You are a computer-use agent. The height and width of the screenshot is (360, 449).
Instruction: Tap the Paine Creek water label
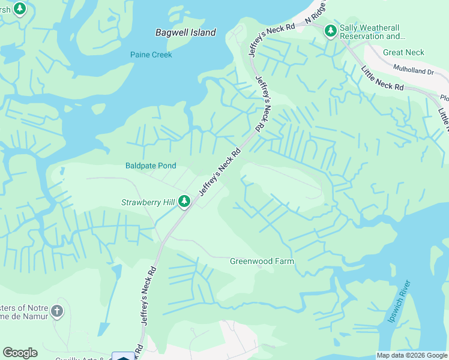pos(151,55)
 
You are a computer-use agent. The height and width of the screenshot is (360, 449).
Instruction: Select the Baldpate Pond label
pos(151,166)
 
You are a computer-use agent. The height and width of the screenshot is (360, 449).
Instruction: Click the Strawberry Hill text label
pos(148,203)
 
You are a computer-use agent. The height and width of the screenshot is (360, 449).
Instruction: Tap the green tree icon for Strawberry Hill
pos(185,202)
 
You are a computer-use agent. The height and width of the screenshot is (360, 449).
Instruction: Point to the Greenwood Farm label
pos(262,261)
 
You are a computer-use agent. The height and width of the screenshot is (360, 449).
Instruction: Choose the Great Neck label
pos(403,52)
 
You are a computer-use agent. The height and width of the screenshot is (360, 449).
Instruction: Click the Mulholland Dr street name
pos(414,71)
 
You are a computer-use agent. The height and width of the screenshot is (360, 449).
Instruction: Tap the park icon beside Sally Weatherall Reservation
pos(330,31)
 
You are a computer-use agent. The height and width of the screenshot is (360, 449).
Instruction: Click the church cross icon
pos(56,311)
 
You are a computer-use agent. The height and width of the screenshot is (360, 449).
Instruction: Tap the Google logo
pos(20,353)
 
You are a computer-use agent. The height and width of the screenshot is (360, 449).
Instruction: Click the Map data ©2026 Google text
pos(411,355)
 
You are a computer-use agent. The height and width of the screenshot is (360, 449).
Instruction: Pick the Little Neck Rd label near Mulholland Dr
pos(382,79)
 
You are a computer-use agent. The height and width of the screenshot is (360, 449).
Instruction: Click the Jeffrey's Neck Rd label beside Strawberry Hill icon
pos(219,171)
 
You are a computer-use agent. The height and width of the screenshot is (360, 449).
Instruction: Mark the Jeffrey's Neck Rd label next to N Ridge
pos(273,27)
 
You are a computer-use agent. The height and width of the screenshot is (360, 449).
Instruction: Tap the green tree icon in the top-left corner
pos(20,9)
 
